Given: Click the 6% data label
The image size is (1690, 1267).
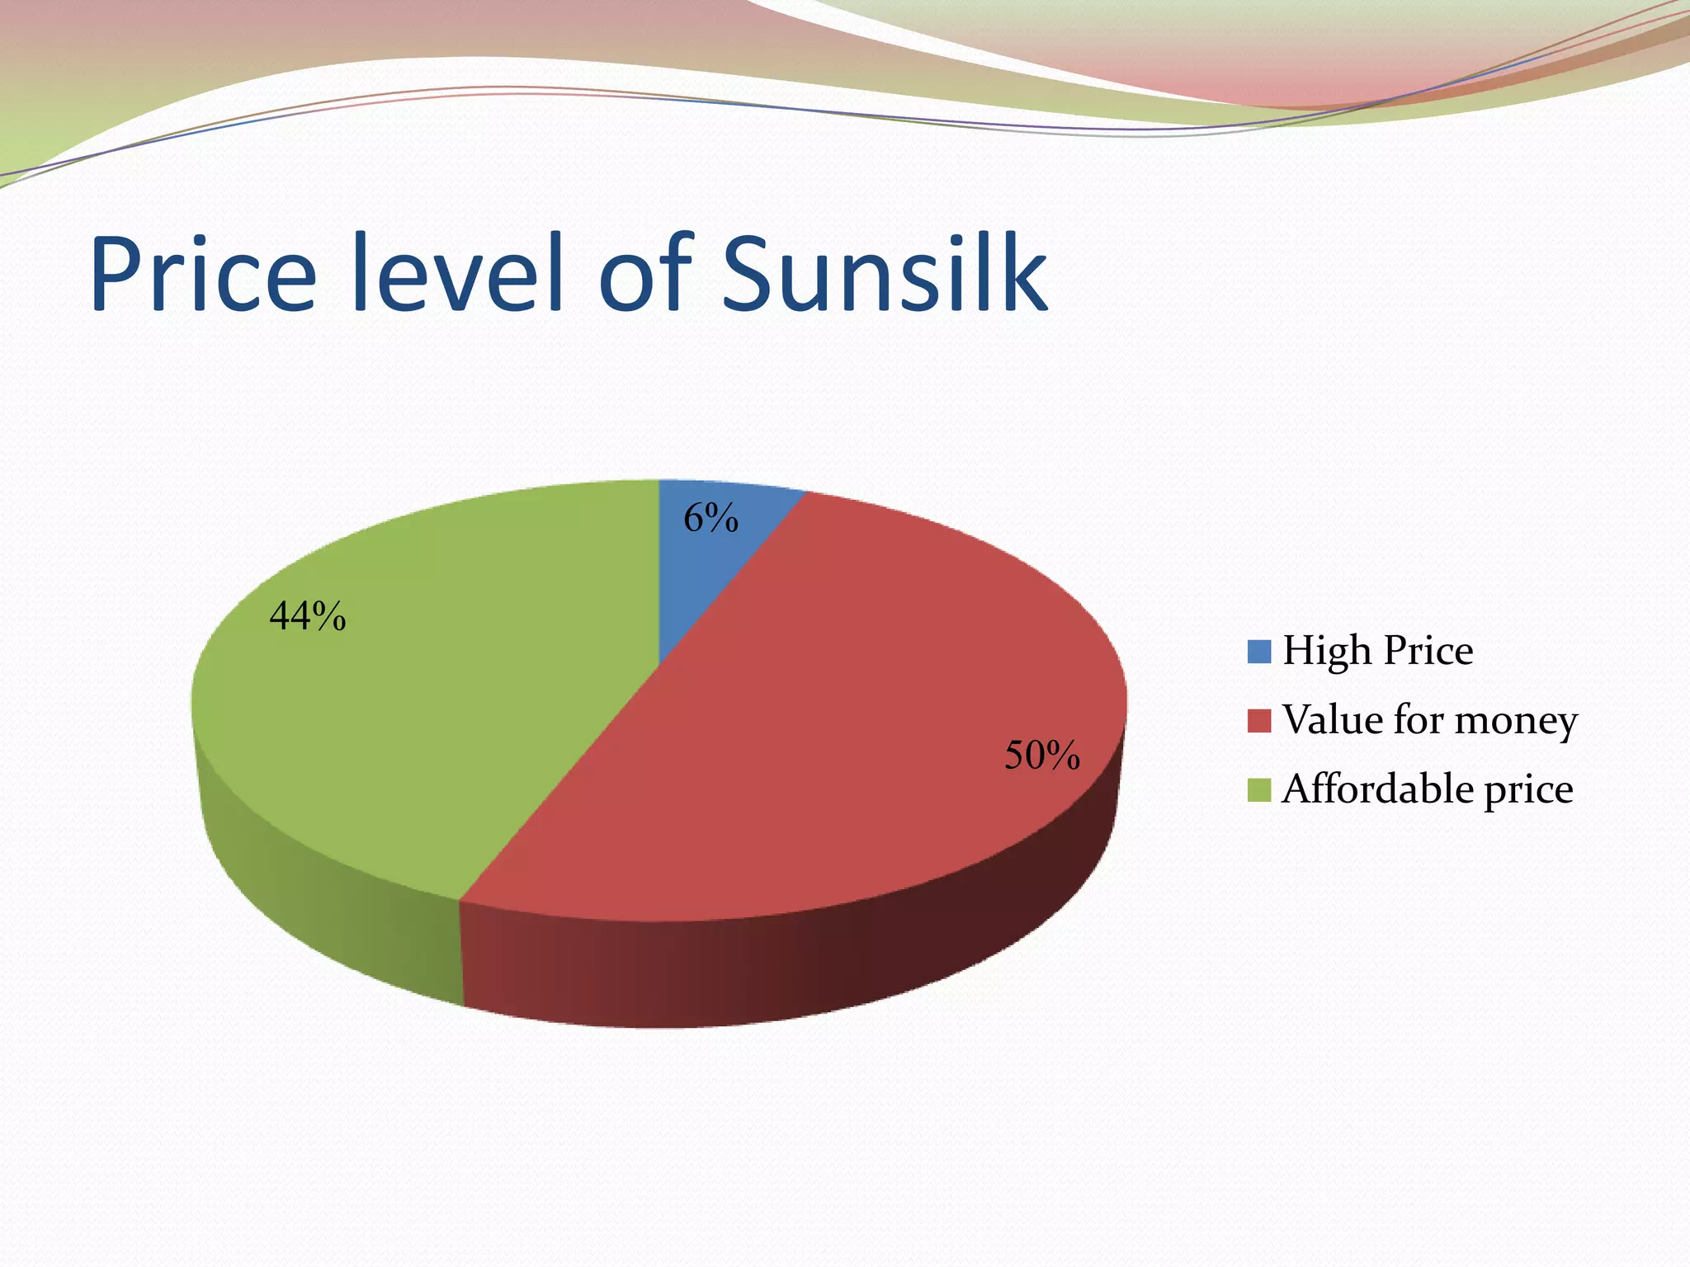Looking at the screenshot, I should [x=710, y=519].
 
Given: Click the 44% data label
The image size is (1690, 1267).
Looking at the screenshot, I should [x=308, y=616].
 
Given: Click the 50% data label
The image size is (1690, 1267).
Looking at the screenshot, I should [x=1041, y=756].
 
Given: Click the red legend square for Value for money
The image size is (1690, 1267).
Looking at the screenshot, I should [x=1259, y=720].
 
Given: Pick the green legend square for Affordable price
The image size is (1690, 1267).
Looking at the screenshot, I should [x=1259, y=789].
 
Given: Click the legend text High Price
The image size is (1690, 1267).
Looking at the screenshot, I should [x=1377, y=651].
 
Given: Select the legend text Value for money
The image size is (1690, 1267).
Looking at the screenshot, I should [x=1429, y=720].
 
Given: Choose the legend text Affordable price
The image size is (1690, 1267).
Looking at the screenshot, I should [x=1427, y=789].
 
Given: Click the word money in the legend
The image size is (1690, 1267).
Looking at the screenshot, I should [x=1516, y=722].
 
